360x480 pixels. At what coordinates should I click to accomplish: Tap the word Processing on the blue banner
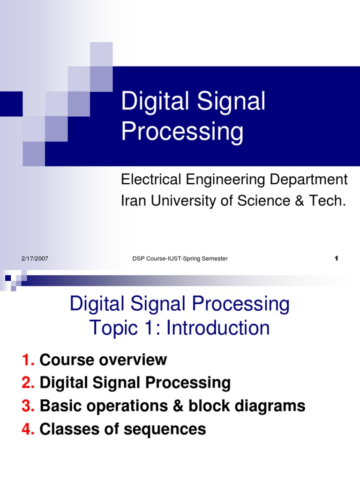[x=182, y=132]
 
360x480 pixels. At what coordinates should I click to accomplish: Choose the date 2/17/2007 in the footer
[x=35, y=259]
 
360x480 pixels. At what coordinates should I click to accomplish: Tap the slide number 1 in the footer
[x=336, y=259]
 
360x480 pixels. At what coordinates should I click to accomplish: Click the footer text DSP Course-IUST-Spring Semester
[x=180, y=259]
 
